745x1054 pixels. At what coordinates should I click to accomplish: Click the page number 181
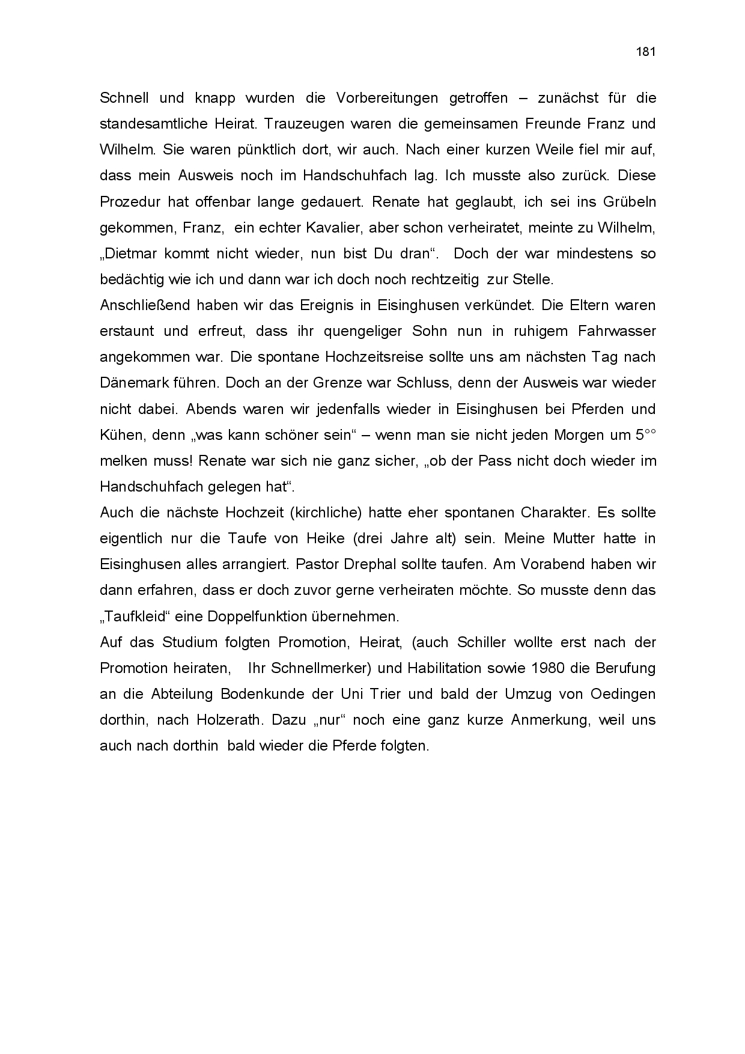coord(645,52)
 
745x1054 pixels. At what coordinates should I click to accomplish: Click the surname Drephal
coord(384,564)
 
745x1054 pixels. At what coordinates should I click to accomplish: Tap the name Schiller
coord(482,642)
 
